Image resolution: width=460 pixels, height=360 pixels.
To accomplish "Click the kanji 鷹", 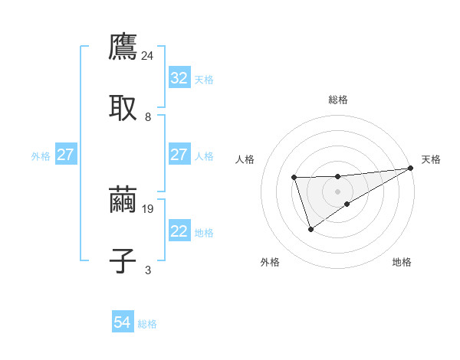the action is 123,47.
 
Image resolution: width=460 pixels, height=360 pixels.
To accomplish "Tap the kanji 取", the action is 123,108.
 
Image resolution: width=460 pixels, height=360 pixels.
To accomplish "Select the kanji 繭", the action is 123,199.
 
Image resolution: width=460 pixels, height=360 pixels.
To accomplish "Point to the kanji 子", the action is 123,260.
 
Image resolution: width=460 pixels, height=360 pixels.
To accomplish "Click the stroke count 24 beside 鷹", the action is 148,55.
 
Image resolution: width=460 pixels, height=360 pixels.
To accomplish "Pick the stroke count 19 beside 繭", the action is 148,208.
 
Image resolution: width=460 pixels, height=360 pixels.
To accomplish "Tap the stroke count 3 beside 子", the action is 148,269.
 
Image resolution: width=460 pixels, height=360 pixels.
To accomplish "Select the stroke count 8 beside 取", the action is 148,116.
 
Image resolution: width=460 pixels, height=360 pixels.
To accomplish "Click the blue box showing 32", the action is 179,78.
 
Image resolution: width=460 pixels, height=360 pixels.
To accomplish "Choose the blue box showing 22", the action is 179,231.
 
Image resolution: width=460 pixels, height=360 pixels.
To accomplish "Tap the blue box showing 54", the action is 122,323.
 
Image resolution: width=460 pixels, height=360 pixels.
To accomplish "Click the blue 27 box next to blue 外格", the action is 65,155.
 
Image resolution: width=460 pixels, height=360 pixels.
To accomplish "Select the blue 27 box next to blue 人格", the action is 179,155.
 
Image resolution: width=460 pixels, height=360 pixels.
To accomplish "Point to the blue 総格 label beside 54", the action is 147,324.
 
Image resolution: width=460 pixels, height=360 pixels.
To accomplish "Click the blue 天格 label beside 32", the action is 204,79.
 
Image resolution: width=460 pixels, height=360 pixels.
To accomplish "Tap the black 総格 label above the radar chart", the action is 337,100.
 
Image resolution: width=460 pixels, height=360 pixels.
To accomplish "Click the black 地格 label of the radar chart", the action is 402,262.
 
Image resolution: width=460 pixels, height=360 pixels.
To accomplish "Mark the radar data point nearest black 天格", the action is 410,168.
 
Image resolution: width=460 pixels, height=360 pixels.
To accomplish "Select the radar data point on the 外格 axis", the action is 310,228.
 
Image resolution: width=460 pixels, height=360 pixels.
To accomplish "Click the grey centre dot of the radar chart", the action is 337,190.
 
